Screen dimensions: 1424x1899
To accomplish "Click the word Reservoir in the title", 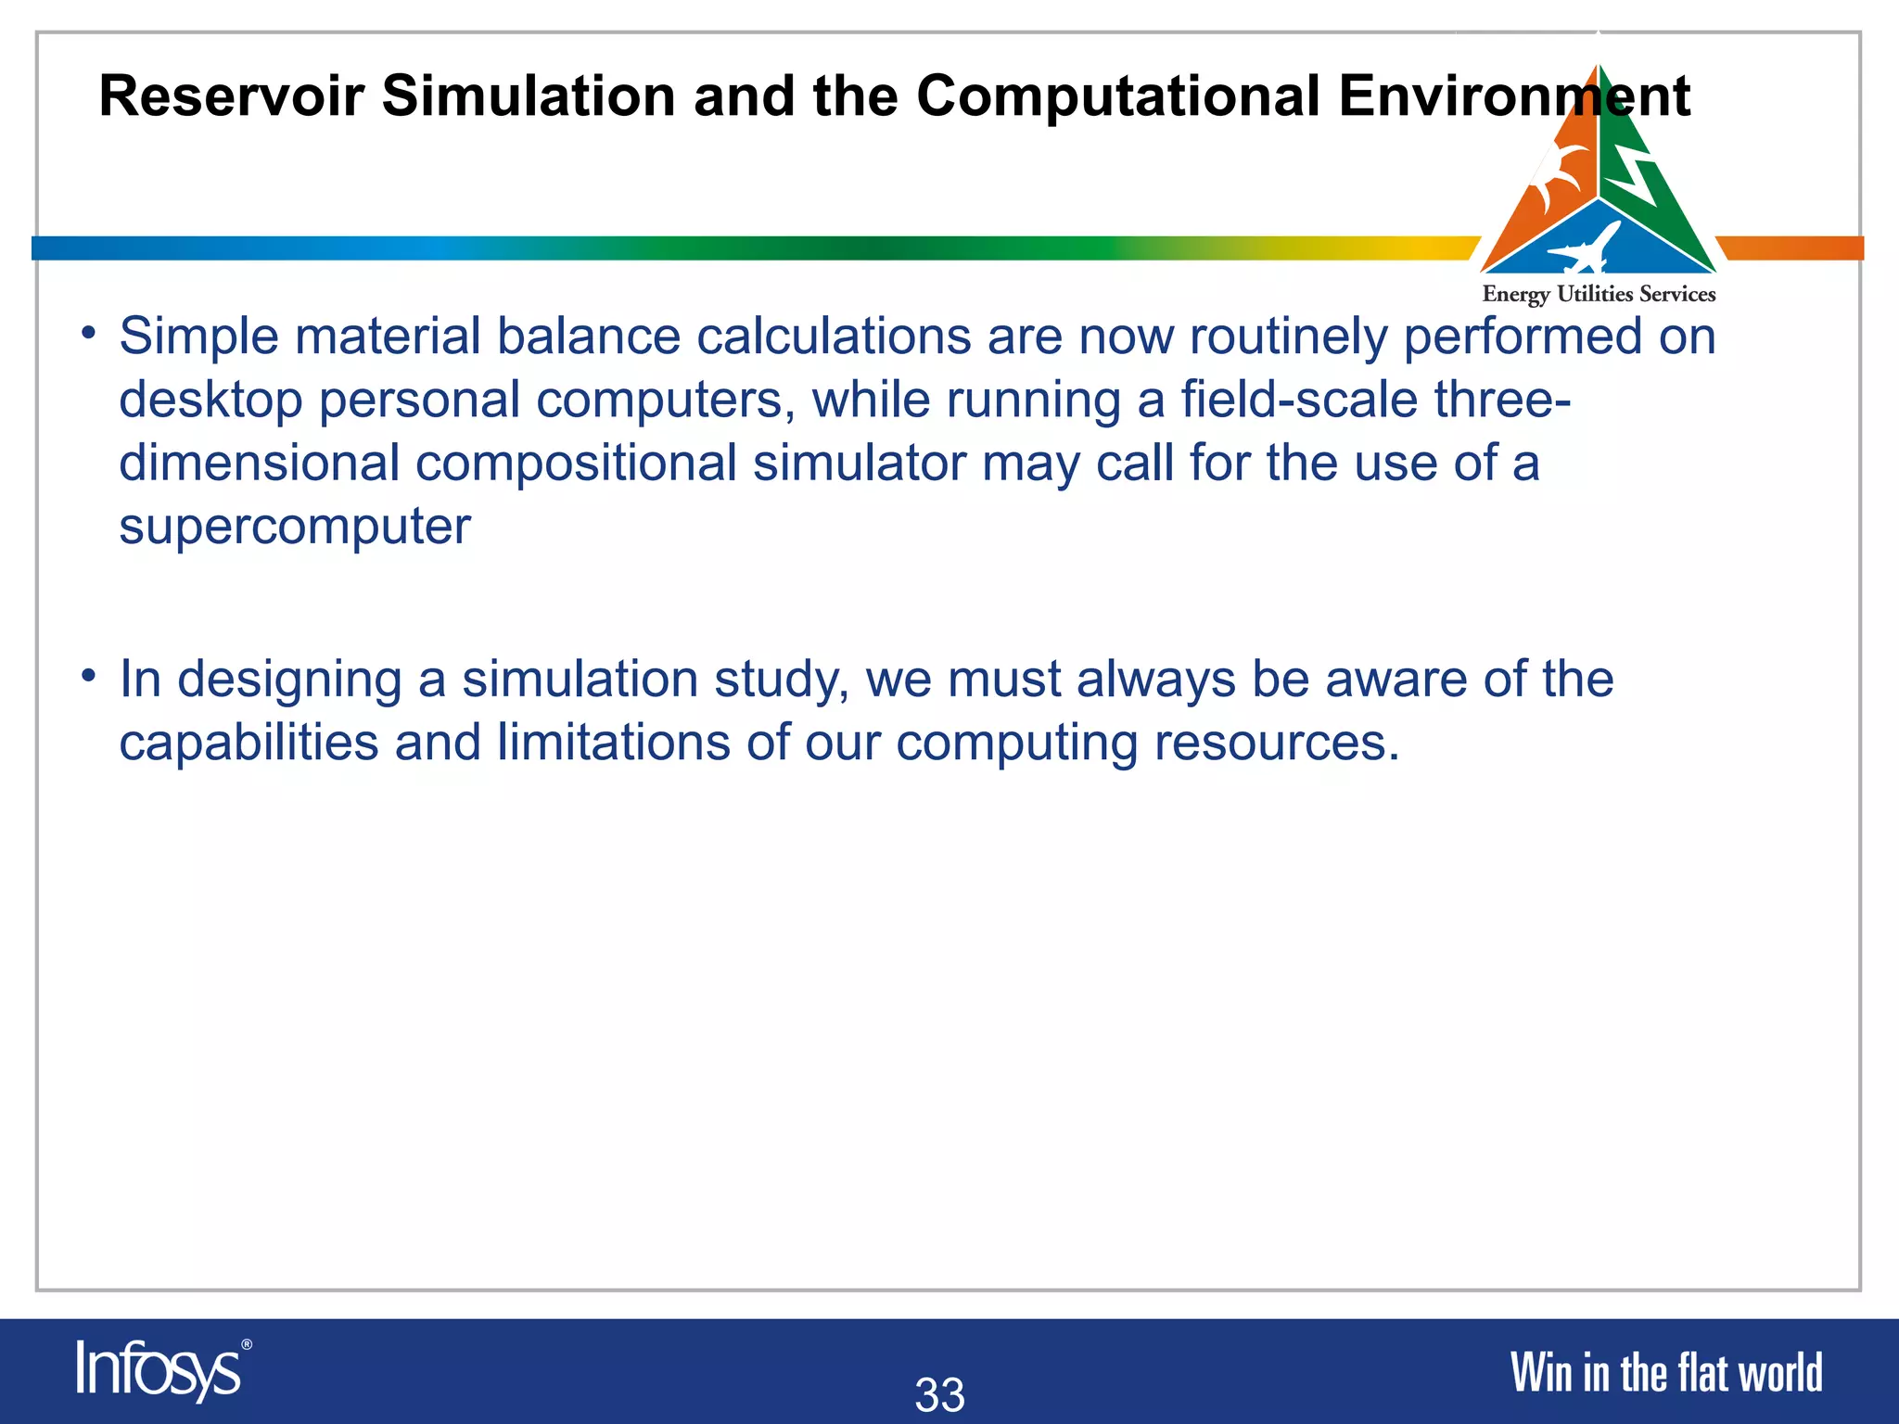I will coord(231,95).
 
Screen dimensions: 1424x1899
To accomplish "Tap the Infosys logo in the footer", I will coord(158,1370).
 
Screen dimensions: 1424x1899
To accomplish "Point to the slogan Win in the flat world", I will coord(1666,1373).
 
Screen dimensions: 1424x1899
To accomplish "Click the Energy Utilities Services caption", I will coord(1599,295).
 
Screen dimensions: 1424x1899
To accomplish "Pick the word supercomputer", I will coord(295,527).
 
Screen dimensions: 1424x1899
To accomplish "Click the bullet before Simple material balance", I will coord(88,332).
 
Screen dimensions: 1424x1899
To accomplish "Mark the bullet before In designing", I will coord(88,676).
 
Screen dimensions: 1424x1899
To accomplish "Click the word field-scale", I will coord(1299,400).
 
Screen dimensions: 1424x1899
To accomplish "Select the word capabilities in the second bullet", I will coord(249,743).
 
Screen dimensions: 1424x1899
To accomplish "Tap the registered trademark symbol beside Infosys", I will coord(247,1344).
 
